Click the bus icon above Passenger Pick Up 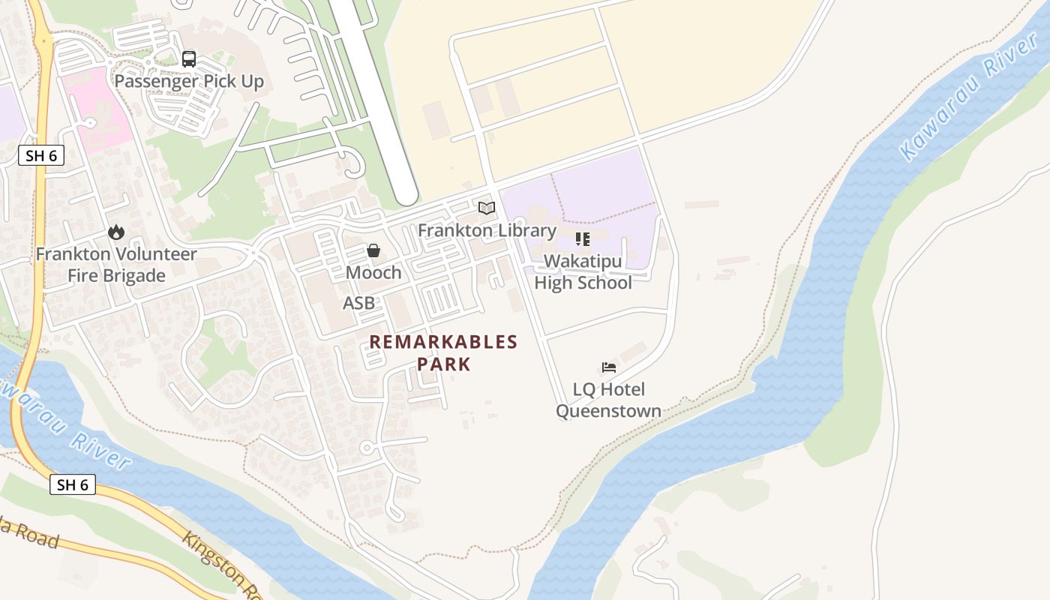pyautogui.click(x=189, y=58)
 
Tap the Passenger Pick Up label pyautogui.click(x=189, y=81)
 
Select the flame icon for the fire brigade pyautogui.click(x=115, y=232)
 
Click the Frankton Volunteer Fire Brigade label pyautogui.click(x=116, y=265)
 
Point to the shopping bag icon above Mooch pyautogui.click(x=373, y=250)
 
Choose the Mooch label pyautogui.click(x=373, y=273)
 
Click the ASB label pyautogui.click(x=358, y=303)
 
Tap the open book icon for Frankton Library pyautogui.click(x=487, y=208)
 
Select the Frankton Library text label pyautogui.click(x=487, y=230)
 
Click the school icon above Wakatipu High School pyautogui.click(x=583, y=239)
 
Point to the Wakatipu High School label pyautogui.click(x=583, y=272)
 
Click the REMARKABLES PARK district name pyautogui.click(x=443, y=353)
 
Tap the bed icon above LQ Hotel pyautogui.click(x=609, y=367)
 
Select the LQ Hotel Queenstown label pyautogui.click(x=608, y=400)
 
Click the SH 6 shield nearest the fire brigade pyautogui.click(x=41, y=156)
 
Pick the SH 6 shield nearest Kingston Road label pyautogui.click(x=73, y=484)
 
